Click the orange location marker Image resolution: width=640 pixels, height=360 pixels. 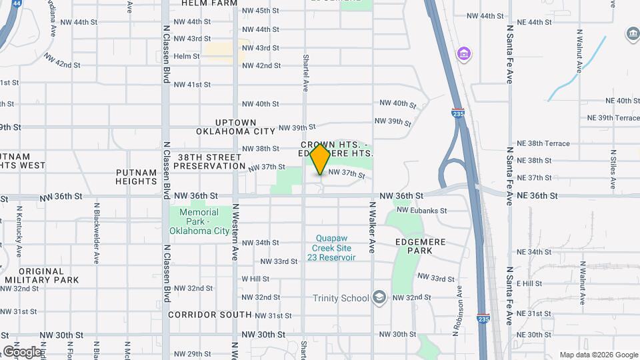tap(321, 159)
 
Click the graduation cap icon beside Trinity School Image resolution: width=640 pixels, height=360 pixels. tap(379, 297)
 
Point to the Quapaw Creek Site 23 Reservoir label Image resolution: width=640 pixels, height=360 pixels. tap(331, 247)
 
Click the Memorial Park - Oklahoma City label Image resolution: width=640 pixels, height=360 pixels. tap(199, 221)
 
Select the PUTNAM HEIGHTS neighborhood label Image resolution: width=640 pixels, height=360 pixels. tap(136, 176)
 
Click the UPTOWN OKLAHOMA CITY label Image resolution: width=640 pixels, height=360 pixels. tap(236, 127)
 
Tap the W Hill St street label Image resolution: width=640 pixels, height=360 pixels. tap(255, 279)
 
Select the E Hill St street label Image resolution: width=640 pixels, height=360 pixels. tap(529, 283)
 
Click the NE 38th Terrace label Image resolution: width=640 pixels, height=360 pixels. tap(543, 143)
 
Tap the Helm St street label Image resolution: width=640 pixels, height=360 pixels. tap(187, 57)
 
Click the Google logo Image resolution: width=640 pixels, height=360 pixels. tap(22, 351)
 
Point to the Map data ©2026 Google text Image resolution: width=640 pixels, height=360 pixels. tap(599, 355)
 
